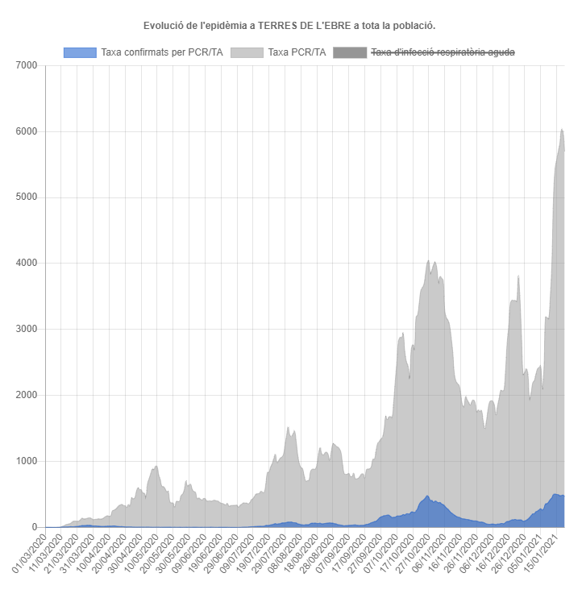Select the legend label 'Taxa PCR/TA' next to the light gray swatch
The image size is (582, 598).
[x=297, y=52]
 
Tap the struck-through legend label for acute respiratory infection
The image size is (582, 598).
[x=442, y=52]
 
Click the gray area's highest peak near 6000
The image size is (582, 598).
[x=562, y=130]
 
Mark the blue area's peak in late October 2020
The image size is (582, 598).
[x=427, y=496]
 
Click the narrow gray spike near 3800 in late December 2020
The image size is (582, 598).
[x=518, y=276]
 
